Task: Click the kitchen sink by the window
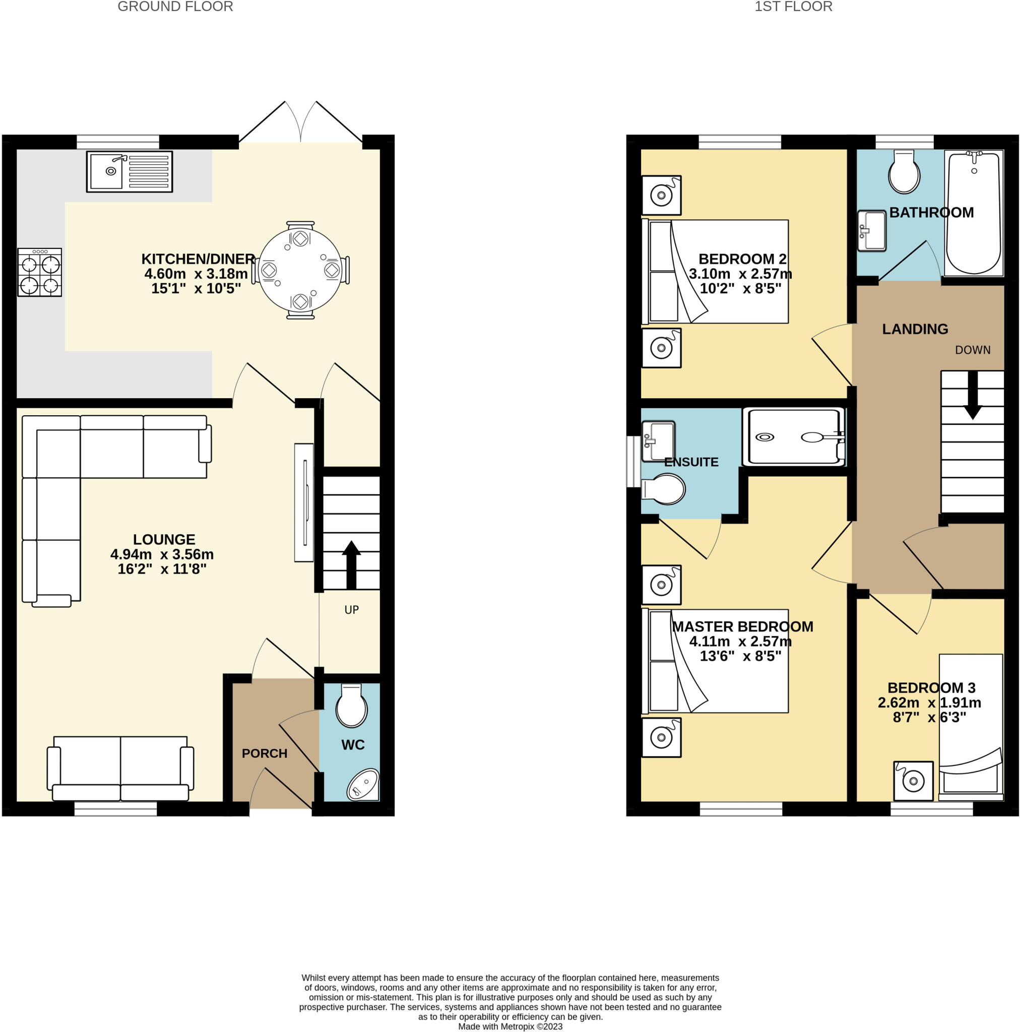tap(130, 171)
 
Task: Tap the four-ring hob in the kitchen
tap(39, 273)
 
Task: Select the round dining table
tap(300, 270)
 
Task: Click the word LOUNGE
tap(164, 540)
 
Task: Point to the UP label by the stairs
tap(351, 610)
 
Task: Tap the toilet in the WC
tap(351, 705)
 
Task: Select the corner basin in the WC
tap(364, 785)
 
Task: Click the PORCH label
tap(265, 754)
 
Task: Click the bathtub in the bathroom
tap(973, 213)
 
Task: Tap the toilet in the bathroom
tap(904, 171)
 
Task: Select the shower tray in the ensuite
tap(793, 437)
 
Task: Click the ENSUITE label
tap(691, 462)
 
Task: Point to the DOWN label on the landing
tap(973, 350)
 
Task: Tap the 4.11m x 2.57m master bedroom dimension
tap(740, 641)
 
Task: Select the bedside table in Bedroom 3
tap(913, 781)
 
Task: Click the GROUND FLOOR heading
tap(175, 7)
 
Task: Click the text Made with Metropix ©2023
tap(511, 1026)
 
